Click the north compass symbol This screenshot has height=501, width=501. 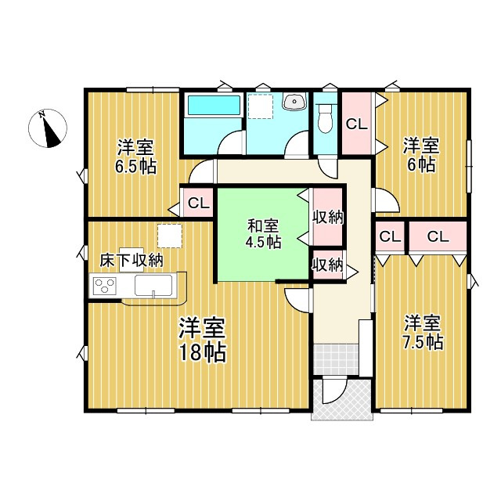[49, 128]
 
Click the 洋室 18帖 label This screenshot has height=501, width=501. [201, 339]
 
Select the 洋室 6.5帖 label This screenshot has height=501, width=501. [135, 155]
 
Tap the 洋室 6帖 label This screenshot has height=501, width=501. [420, 154]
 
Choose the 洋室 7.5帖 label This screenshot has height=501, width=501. [422, 332]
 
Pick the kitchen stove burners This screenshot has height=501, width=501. [103, 286]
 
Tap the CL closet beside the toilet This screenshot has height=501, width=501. [356, 123]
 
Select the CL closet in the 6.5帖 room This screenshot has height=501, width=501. [198, 204]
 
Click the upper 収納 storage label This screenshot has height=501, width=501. [327, 217]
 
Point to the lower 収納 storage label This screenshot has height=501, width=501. [326, 265]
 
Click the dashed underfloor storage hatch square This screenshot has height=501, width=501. [169, 235]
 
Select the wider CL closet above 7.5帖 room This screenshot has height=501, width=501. [437, 236]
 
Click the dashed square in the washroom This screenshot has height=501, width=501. [260, 106]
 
